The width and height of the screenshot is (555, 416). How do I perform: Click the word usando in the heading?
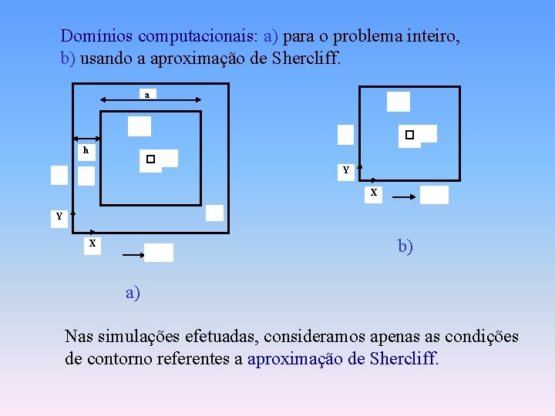point(105,59)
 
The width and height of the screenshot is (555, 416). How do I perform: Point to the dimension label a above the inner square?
point(146,95)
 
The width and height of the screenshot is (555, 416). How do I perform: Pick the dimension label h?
point(86,151)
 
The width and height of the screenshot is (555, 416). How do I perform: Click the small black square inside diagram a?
point(150,159)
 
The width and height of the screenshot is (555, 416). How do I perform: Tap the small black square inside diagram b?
point(409,135)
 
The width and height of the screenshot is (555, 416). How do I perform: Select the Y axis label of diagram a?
point(59,216)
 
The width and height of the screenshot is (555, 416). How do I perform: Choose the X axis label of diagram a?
point(92,243)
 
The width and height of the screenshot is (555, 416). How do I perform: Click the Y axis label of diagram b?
point(346,169)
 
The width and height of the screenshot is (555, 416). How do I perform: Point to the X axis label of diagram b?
point(373,193)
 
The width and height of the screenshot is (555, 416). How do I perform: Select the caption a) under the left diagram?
point(134,293)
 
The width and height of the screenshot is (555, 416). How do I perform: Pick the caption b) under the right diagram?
point(405,247)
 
